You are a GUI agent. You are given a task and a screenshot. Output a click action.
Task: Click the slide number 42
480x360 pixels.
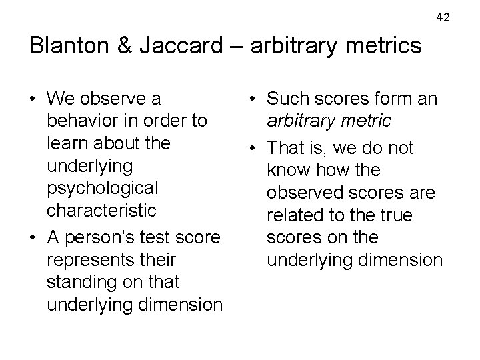pos(443,16)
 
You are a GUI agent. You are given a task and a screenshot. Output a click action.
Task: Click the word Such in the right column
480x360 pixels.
pos(287,99)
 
